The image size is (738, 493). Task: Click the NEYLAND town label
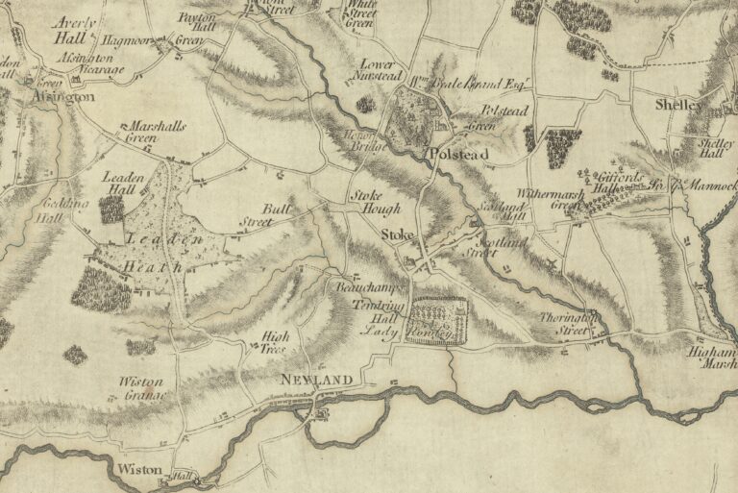313,382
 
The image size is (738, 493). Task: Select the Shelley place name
680,104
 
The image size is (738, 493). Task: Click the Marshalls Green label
154,132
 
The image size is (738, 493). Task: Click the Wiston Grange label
143,387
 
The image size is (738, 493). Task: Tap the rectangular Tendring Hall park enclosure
437,321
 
